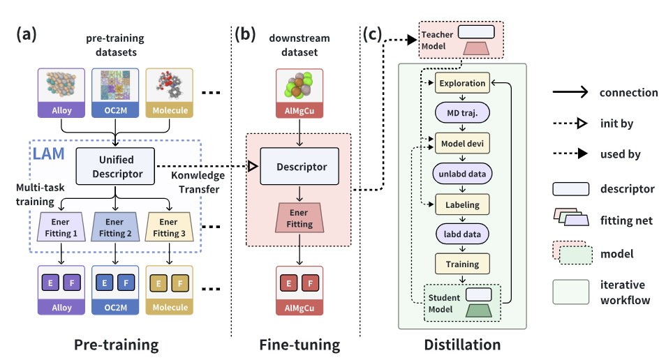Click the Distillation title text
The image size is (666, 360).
[x=462, y=344]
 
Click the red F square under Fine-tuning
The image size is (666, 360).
[x=311, y=284]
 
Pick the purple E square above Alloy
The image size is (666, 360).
[x=50, y=284]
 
